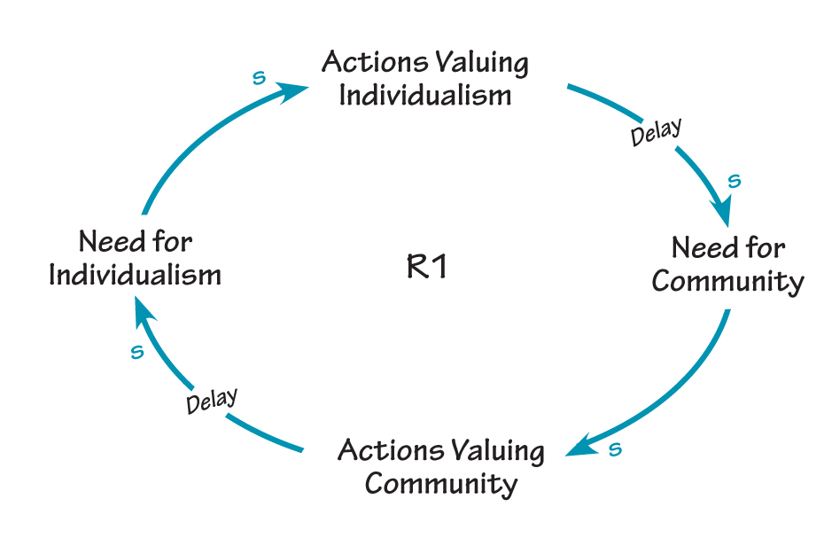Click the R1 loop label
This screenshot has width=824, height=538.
426,267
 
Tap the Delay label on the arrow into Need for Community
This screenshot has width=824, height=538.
656,132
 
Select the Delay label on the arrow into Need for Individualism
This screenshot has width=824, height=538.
212,401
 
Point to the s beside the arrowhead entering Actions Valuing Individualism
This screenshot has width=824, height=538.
259,78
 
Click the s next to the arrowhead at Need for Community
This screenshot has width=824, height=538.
734,182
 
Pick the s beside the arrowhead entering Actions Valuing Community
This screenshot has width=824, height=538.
615,449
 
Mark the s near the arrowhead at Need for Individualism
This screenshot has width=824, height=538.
136,353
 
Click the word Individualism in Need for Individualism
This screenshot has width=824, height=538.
135,275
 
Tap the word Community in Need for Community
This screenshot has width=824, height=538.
727,282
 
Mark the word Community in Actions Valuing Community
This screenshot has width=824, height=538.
440,484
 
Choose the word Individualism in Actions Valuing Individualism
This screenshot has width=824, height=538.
425,96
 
